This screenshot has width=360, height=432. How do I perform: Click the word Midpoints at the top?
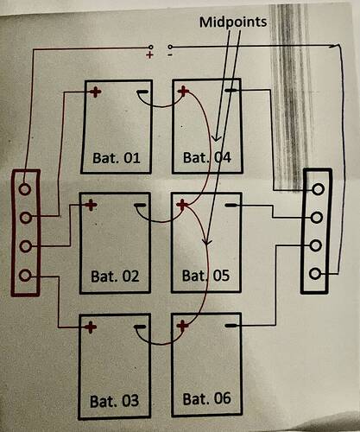233,22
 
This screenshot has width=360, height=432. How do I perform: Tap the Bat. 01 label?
117,158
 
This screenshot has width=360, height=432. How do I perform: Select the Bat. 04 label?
207,157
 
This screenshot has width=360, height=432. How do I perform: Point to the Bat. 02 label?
115,276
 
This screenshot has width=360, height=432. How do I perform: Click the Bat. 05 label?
205,276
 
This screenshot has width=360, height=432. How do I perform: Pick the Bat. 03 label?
114,401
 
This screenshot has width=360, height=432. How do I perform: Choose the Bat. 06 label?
207,399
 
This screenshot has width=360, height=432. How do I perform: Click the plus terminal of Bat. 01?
96,92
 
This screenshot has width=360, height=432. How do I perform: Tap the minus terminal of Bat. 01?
142,92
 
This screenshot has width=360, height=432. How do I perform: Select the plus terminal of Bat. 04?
183,92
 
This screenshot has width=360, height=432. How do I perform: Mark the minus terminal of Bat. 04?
231,91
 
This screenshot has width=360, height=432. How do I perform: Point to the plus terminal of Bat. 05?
182,205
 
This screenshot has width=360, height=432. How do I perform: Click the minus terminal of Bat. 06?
231,326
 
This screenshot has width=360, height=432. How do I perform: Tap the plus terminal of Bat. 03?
91,327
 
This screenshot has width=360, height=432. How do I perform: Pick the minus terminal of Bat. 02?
140,206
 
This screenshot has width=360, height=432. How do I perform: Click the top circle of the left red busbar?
25,189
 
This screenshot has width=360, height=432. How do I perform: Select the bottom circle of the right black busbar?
315,273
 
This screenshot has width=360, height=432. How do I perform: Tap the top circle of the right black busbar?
318,189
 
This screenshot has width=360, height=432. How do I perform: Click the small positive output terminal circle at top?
150,47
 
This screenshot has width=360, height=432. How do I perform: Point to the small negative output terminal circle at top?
170,47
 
